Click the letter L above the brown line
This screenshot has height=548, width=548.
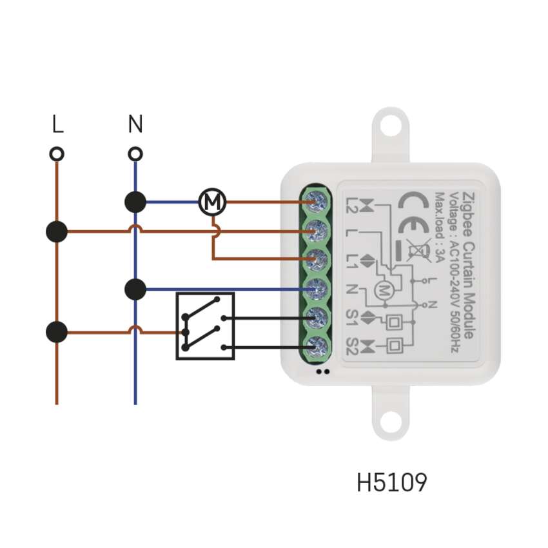[58, 124]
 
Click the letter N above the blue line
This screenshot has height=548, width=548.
[135, 124]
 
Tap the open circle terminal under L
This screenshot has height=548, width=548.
[57, 154]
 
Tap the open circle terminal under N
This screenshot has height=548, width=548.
[135, 154]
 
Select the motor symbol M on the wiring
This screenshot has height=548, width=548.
[211, 202]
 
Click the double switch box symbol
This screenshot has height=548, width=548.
[205, 326]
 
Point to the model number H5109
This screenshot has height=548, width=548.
[391, 482]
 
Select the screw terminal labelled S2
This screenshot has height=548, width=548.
[317, 347]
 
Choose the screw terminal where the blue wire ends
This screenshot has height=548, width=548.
[317, 288]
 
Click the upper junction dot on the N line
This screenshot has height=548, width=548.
[135, 202]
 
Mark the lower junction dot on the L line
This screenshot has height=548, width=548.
[57, 333]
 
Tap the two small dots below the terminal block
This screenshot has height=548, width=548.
[324, 371]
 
